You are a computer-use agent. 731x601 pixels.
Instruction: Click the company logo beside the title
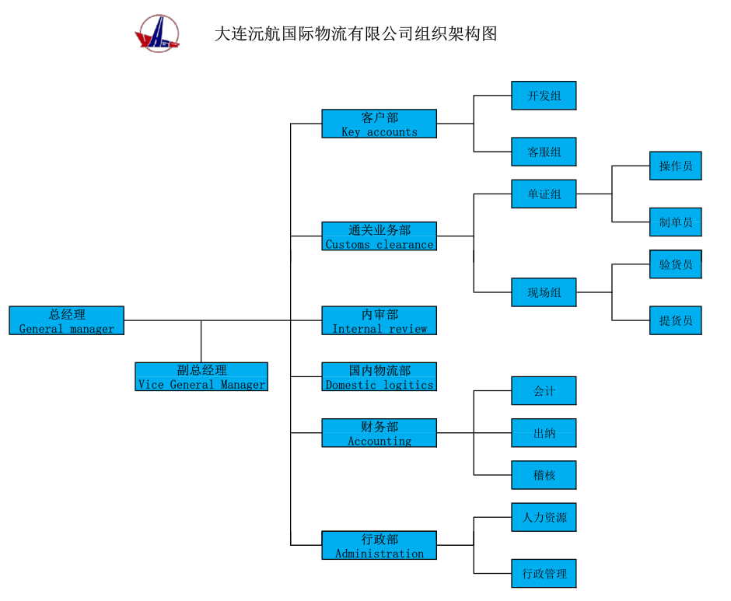pyautogui.click(x=157, y=34)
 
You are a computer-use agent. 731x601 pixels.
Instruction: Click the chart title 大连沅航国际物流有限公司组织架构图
pyautogui.click(x=355, y=34)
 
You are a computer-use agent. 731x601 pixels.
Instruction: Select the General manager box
pyautogui.click(x=66, y=320)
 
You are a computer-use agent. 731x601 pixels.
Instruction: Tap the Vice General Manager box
pyautogui.click(x=201, y=376)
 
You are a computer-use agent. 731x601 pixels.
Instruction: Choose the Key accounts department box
pyautogui.click(x=379, y=124)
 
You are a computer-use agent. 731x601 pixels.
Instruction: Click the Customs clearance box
pyautogui.click(x=379, y=236)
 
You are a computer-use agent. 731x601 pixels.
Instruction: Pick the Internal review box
pyautogui.click(x=379, y=320)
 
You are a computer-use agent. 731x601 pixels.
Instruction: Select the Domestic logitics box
pyautogui.click(x=379, y=376)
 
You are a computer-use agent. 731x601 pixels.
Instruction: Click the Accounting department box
pyautogui.click(x=379, y=433)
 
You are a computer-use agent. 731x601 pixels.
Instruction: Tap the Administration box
pyautogui.click(x=379, y=545)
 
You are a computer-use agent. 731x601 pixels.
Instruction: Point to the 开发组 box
pyautogui.click(x=544, y=96)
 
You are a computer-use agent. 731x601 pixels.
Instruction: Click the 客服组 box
pyautogui.click(x=544, y=152)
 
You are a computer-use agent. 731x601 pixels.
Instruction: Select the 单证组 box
pyautogui.click(x=544, y=194)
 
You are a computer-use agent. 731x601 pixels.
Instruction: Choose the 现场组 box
pyautogui.click(x=544, y=292)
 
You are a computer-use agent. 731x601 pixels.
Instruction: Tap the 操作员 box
pyautogui.click(x=675, y=166)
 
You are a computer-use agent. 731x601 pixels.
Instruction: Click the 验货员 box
pyautogui.click(x=675, y=264)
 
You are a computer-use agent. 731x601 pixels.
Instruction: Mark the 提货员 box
pyautogui.click(x=675, y=320)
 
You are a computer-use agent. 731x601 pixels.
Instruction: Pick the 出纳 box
pyautogui.click(x=544, y=433)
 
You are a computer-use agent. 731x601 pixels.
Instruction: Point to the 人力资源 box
pyautogui.click(x=544, y=517)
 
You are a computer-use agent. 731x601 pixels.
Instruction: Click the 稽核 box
pyautogui.click(x=544, y=475)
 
